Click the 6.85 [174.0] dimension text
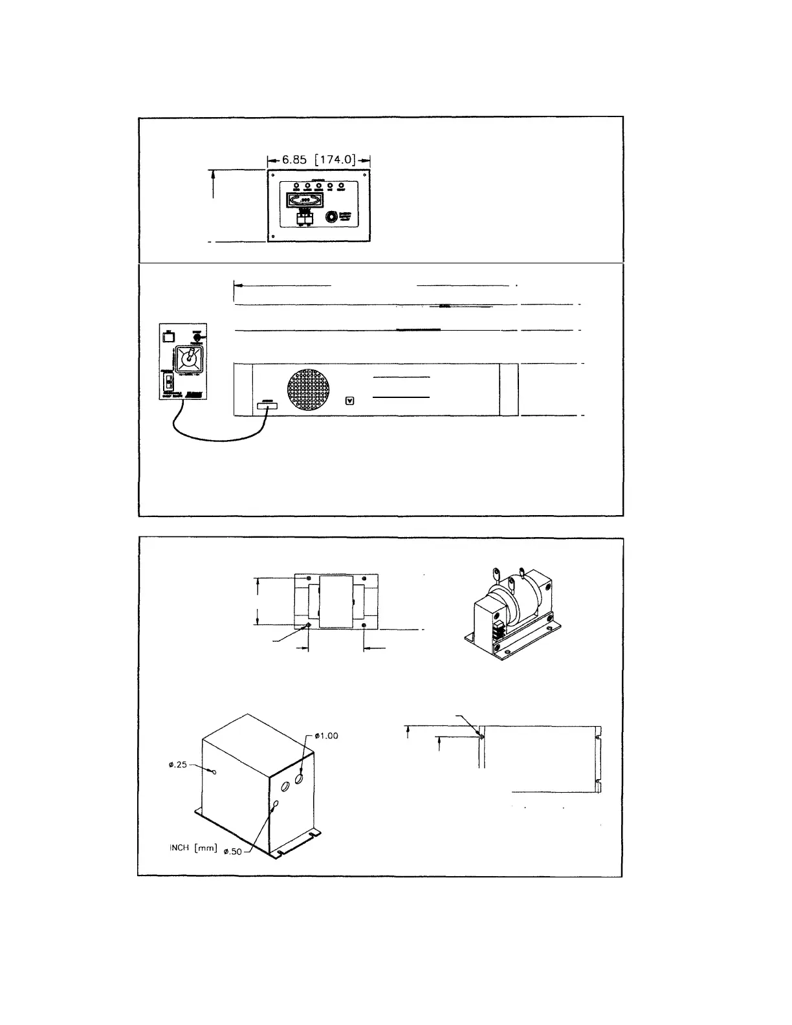(x=318, y=159)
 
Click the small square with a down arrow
(x=351, y=401)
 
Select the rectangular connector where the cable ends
(x=267, y=406)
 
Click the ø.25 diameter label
(x=177, y=764)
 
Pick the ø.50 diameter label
(x=232, y=852)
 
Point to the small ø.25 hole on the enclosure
(x=214, y=771)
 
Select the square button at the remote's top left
(x=168, y=336)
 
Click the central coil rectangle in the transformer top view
(x=336, y=601)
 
